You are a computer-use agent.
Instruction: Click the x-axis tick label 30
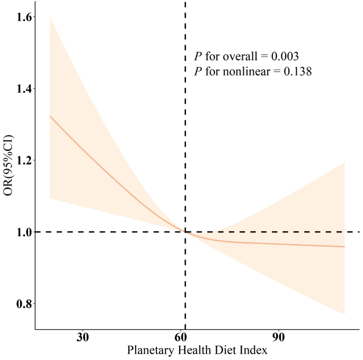coord(83,338)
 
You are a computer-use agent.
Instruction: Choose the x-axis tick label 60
coord(181,338)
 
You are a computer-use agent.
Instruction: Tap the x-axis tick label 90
coord(279,338)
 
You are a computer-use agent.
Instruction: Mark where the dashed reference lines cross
coord(185,232)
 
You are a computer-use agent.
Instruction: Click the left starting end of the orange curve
coord(50,116)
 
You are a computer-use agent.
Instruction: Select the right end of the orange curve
coord(345,247)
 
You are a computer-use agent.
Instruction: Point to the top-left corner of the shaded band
coord(50,17)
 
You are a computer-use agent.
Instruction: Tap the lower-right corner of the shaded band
coord(345,314)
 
